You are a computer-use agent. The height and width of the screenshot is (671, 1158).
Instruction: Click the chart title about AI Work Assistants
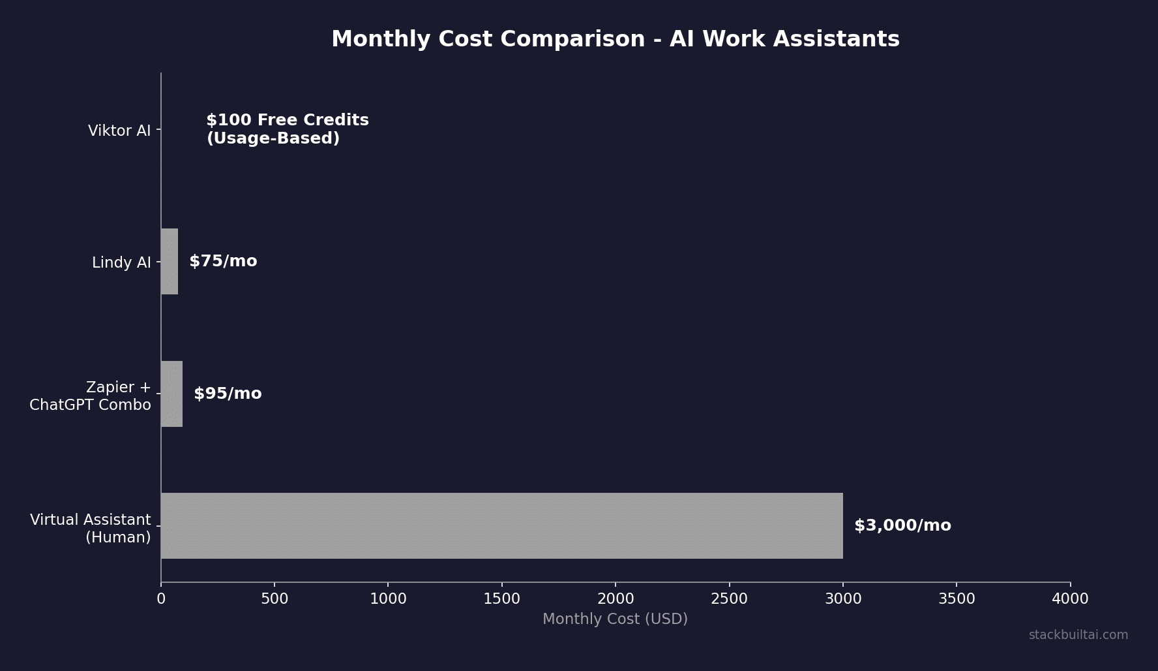click(615, 39)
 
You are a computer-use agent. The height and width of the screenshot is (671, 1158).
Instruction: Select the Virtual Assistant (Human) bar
click(501, 525)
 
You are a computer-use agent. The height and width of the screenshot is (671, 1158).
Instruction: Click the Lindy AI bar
click(170, 261)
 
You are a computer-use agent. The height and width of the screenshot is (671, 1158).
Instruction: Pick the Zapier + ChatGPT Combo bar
click(171, 394)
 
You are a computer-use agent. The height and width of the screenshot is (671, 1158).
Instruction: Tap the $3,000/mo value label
click(902, 525)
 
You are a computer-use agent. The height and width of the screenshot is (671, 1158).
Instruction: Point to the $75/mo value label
click(223, 261)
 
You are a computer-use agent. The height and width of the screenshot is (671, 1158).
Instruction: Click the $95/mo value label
click(228, 394)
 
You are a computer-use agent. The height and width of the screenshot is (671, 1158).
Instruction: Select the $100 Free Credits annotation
click(288, 129)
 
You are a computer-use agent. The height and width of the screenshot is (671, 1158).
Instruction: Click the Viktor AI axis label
click(119, 131)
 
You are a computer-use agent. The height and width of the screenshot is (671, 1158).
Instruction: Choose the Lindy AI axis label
click(121, 262)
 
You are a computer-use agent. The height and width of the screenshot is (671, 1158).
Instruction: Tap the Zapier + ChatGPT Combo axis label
click(91, 396)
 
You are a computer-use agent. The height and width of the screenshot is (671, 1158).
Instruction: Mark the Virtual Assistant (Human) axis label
click(91, 528)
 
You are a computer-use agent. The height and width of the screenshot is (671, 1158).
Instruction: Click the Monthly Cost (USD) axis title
click(615, 619)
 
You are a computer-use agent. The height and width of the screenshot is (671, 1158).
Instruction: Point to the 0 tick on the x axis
click(161, 599)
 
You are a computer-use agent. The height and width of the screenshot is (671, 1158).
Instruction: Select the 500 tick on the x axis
click(275, 599)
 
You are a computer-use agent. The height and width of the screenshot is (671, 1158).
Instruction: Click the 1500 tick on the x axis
click(502, 599)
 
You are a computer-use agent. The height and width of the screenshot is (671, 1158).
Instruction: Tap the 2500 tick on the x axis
click(729, 599)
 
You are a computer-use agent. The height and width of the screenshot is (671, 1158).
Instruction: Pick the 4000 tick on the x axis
click(1070, 599)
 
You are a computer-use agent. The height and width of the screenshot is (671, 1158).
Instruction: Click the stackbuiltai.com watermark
click(1078, 635)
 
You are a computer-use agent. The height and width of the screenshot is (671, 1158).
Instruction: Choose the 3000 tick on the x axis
click(843, 599)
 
